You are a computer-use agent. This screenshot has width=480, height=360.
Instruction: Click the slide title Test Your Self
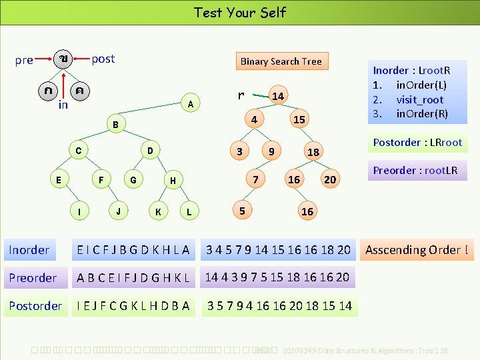pyautogui.click(x=240, y=12)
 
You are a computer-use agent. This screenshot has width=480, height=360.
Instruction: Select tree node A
pyautogui.click(x=191, y=104)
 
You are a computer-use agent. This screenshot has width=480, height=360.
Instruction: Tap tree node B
pyautogui.click(x=115, y=125)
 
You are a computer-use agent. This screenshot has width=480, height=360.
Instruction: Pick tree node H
pyautogui.click(x=173, y=180)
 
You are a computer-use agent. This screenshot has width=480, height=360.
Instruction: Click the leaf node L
pyautogui.click(x=189, y=212)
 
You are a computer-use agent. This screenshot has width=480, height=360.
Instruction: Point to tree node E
pyautogui.click(x=59, y=179)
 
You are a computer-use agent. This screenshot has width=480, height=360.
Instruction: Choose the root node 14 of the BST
pyautogui.click(x=278, y=97)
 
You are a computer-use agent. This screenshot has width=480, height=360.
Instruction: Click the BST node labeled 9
pyautogui.click(x=271, y=151)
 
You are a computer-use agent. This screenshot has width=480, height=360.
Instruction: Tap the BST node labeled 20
pyautogui.click(x=329, y=179)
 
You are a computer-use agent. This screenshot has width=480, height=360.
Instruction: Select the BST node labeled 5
pyautogui.click(x=243, y=211)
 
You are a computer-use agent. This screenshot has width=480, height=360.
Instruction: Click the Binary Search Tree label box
pyautogui.click(x=281, y=61)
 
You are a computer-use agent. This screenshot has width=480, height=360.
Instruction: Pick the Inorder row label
pyautogui.click(x=29, y=250)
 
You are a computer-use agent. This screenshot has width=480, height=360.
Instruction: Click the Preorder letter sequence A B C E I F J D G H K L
pyautogui.click(x=133, y=277)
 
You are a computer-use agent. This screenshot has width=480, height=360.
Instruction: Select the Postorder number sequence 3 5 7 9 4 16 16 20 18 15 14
pyautogui.click(x=279, y=306)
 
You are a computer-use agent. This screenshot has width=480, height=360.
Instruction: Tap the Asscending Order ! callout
pyautogui.click(x=417, y=250)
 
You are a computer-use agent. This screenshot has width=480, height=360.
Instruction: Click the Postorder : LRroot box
pyautogui.click(x=417, y=142)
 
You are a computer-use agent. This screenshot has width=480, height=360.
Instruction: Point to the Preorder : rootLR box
pyautogui.click(x=415, y=170)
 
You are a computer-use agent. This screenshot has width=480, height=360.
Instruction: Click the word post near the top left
pyautogui.click(x=103, y=59)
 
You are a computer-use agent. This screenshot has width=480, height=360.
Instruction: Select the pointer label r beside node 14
pyautogui.click(x=241, y=95)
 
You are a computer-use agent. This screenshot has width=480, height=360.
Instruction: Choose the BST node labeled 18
pyautogui.click(x=313, y=153)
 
